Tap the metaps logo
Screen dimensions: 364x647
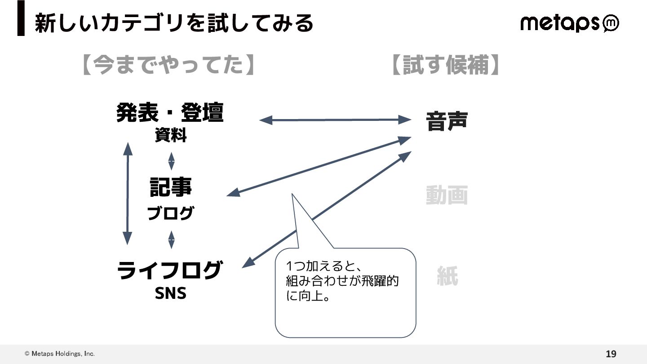coord(569,23)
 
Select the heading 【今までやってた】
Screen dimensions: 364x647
coord(168,65)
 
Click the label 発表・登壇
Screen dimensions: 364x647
coord(170,113)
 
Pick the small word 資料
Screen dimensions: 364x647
coord(171,135)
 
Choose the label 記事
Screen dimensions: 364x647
coord(171,187)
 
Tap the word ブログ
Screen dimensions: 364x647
coord(171,213)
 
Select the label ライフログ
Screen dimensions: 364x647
coord(169,271)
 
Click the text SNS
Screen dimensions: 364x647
coord(170,293)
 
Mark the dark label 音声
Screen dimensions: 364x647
coord(447,121)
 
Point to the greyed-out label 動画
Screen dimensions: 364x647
coord(447,195)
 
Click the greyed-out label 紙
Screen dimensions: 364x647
coord(448,276)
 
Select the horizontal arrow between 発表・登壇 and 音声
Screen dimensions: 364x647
coord(335,120)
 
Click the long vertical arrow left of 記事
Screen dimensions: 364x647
coord(128,193)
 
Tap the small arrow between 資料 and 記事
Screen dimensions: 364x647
coord(171,161)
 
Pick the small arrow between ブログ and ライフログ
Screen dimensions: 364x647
coord(171,240)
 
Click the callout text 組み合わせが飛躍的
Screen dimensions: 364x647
coord(342,282)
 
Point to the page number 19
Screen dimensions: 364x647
coord(611,354)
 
